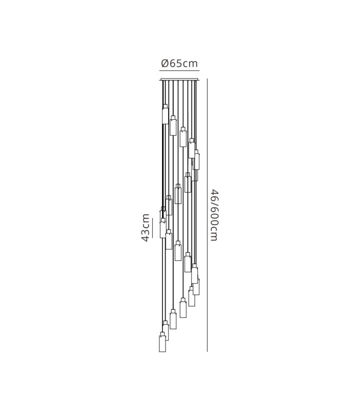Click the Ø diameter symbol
pyautogui.click(x=165, y=63)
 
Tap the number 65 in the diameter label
pyautogui.click(x=176, y=63)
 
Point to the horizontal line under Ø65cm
pyautogui.click(x=179, y=71)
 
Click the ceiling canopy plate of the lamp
pyautogui.click(x=179, y=80)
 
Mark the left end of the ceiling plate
pyautogui.click(x=160, y=80)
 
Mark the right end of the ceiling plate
pyautogui.click(x=199, y=80)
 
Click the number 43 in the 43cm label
pyautogui.click(x=146, y=235)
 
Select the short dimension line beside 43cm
pyautogui.click(x=152, y=226)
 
